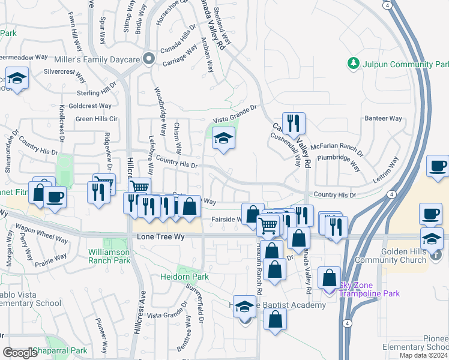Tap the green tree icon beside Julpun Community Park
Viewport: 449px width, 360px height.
click(x=354, y=63)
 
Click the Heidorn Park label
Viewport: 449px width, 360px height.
click(x=184, y=277)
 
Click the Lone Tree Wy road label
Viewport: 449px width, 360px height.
click(x=158, y=237)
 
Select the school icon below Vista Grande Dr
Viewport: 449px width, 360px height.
click(x=223, y=139)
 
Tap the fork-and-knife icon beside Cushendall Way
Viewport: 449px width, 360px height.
click(x=294, y=124)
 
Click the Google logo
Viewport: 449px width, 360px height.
click(x=20, y=353)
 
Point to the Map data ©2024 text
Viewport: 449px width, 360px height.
click(x=423, y=355)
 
